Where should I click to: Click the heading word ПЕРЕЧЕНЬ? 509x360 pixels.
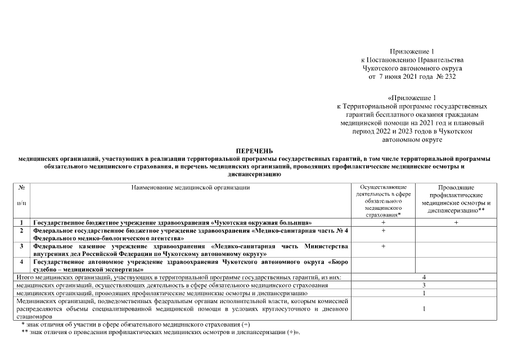click(254, 151)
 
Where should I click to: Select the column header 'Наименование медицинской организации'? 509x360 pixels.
click(190, 187)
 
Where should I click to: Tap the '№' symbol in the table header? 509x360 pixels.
click(21, 187)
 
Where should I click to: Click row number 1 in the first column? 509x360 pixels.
click(21, 223)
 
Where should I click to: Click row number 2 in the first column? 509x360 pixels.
click(21, 231)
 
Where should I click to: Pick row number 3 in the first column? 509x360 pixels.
click(21, 246)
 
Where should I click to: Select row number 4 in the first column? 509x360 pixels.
click(21, 262)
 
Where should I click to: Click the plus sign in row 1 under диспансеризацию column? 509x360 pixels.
click(456, 223)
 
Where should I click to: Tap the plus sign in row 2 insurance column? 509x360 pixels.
click(383, 231)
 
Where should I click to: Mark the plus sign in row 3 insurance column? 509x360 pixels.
click(383, 246)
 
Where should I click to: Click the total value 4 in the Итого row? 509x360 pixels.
click(424, 278)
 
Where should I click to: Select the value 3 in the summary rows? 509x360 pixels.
click(424, 286)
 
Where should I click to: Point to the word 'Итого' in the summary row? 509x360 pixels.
click(25, 278)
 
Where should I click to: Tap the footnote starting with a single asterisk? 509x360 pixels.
click(136, 325)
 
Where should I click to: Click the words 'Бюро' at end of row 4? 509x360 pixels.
click(340, 262)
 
